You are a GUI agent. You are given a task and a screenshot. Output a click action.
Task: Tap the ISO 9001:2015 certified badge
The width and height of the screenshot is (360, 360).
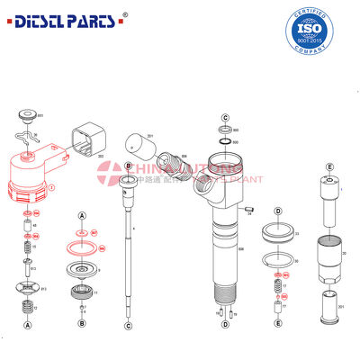(319, 31)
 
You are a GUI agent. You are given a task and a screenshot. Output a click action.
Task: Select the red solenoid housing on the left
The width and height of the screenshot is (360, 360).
(34, 176)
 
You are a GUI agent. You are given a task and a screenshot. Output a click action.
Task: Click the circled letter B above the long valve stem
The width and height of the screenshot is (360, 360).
(129, 167)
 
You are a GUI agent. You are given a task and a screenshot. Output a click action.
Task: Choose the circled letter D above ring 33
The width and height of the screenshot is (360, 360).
(278, 211)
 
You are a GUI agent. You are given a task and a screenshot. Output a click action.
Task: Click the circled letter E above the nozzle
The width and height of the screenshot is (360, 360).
(329, 166)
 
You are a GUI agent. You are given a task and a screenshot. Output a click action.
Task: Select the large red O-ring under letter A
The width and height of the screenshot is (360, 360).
(82, 247)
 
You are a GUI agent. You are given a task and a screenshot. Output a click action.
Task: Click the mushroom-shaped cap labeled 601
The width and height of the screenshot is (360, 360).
(28, 115)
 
